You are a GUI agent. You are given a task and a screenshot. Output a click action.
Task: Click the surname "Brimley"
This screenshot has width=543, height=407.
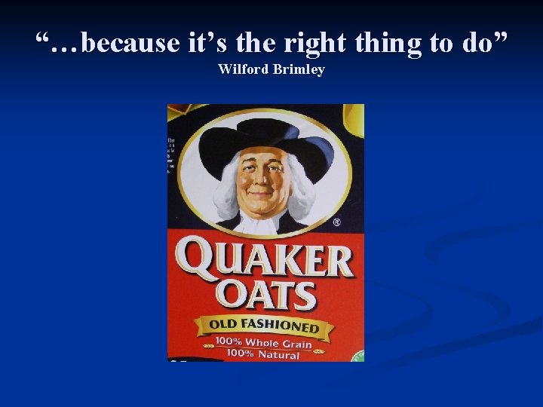click(x=299, y=70)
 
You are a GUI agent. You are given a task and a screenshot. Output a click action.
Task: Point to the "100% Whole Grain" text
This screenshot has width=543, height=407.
click(x=263, y=342)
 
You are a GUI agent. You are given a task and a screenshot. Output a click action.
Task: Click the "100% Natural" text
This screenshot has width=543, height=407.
click(x=263, y=354)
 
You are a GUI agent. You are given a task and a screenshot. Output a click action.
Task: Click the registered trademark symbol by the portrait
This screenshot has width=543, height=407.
click(x=336, y=223)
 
